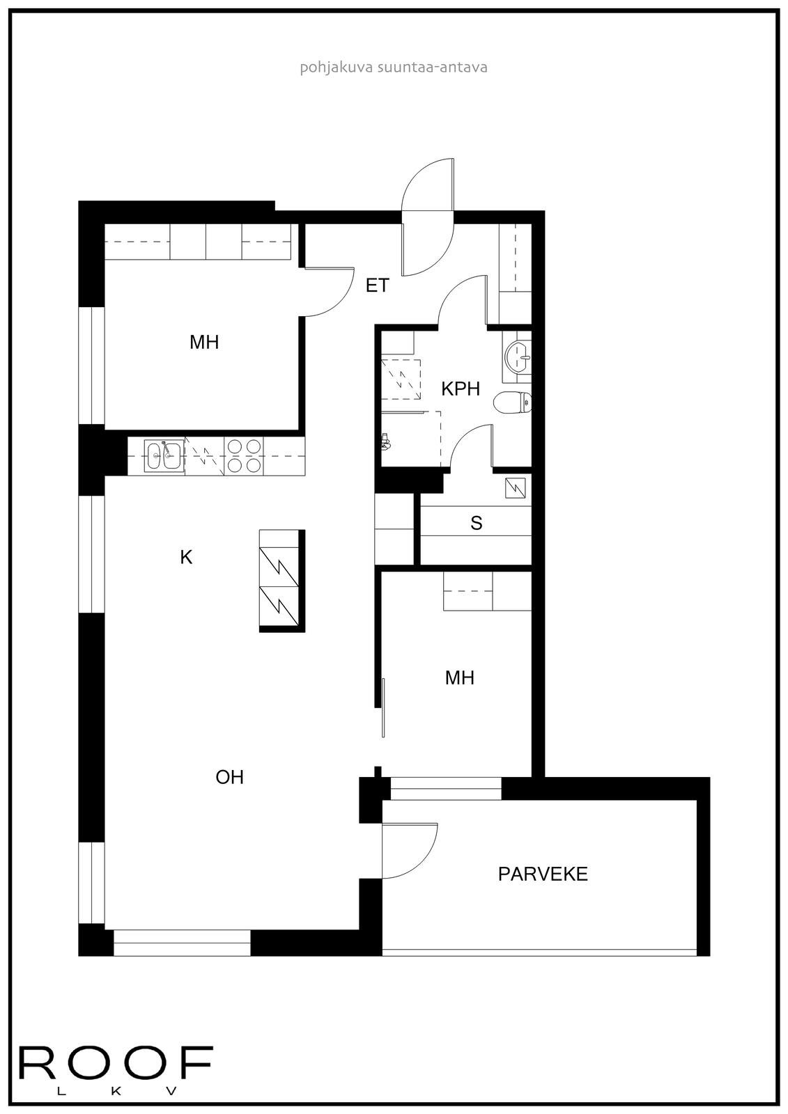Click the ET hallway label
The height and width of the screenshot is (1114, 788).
[377, 285]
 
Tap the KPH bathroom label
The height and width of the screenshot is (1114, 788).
[461, 389]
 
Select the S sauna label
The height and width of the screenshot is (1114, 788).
[477, 523]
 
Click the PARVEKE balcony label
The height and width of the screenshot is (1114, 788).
[543, 874]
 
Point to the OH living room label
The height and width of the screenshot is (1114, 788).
[230, 777]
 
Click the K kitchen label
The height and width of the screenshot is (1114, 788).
[186, 557]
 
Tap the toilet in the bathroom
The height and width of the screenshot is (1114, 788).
[513, 402]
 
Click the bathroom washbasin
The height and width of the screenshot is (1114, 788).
[517, 357]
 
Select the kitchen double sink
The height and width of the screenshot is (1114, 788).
[164, 456]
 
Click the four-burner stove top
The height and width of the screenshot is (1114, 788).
[244, 456]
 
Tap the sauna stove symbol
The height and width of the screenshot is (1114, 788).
[517, 487]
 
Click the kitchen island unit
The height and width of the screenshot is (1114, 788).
[281, 580]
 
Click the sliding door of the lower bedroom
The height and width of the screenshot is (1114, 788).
[383, 707]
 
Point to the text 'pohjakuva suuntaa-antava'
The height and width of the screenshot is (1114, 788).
[393, 68]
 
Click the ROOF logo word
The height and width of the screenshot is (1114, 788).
[115, 1062]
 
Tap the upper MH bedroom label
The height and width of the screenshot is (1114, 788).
[204, 342]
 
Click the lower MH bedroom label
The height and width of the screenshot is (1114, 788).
[460, 677]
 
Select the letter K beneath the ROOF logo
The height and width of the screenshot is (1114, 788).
[116, 1091]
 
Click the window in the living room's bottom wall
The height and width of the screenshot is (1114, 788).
[182, 943]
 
